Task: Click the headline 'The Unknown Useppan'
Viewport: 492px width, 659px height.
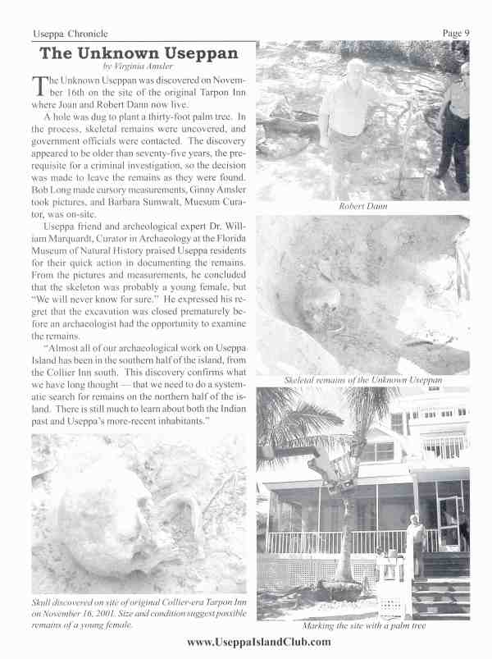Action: point(139,53)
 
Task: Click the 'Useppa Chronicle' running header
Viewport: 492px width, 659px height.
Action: point(71,33)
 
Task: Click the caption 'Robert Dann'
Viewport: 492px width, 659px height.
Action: point(363,206)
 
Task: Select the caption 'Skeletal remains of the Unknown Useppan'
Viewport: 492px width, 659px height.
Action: point(363,381)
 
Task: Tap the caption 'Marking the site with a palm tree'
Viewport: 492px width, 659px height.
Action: point(363,626)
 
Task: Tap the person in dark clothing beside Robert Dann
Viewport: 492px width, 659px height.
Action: point(453,123)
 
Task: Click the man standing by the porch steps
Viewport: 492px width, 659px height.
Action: point(416,542)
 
